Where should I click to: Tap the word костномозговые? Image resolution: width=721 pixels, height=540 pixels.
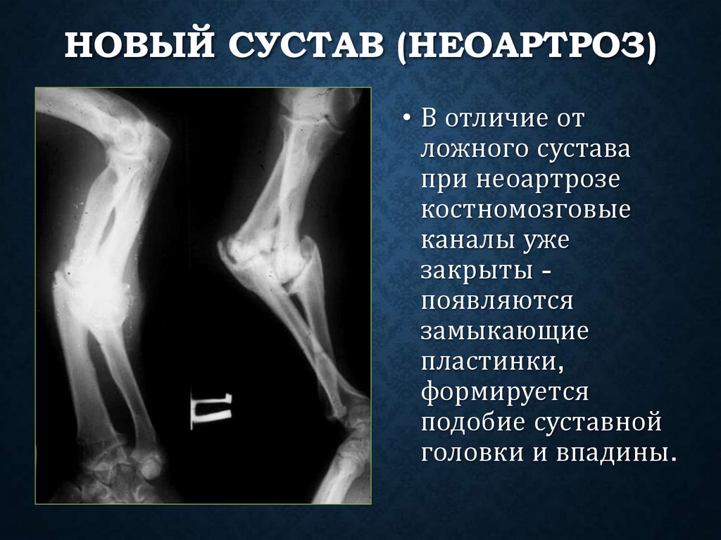[525, 211]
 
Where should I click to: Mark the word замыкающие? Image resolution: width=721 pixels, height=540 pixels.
[503, 333]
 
